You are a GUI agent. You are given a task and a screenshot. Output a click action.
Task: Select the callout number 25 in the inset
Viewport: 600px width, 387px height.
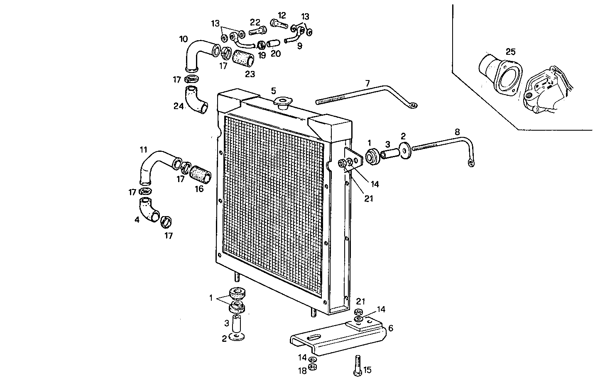(510, 52)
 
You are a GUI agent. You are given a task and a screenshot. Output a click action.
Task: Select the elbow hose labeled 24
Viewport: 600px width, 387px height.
(196, 100)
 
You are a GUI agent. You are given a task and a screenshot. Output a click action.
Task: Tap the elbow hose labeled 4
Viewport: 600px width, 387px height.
(147, 209)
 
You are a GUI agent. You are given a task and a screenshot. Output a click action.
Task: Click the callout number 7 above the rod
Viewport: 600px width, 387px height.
(367, 83)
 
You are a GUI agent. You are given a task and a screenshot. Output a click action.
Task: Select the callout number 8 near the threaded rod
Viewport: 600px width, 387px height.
(457, 132)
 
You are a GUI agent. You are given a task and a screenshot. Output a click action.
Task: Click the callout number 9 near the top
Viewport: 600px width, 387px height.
(299, 46)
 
